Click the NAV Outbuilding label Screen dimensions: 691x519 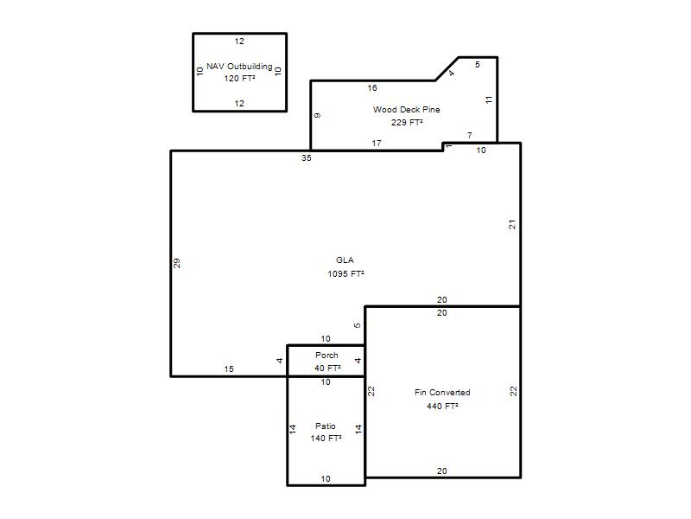(x=239, y=67)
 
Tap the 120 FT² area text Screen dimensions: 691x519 (x=239, y=78)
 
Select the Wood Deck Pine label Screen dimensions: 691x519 (x=406, y=110)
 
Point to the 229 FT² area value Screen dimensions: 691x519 (x=407, y=122)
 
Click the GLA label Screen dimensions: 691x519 (x=345, y=260)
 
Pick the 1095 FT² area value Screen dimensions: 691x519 (x=345, y=273)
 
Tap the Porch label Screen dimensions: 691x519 (x=326, y=356)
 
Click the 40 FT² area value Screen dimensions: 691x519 (x=327, y=368)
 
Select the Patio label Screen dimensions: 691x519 (x=326, y=426)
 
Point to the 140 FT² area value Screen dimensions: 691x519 (x=326, y=439)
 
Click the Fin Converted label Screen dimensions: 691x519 (x=442, y=393)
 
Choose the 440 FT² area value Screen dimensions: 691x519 (x=442, y=406)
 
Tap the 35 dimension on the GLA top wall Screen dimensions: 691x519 (x=307, y=158)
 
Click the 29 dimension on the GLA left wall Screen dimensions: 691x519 (x=176, y=264)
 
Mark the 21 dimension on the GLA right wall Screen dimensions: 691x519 (x=511, y=225)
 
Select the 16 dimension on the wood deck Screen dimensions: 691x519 (x=372, y=88)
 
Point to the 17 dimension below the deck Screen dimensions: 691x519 (x=377, y=143)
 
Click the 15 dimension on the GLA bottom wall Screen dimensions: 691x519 (x=229, y=369)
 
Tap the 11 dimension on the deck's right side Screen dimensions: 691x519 (x=489, y=100)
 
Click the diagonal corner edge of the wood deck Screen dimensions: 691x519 (x=447, y=69)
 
